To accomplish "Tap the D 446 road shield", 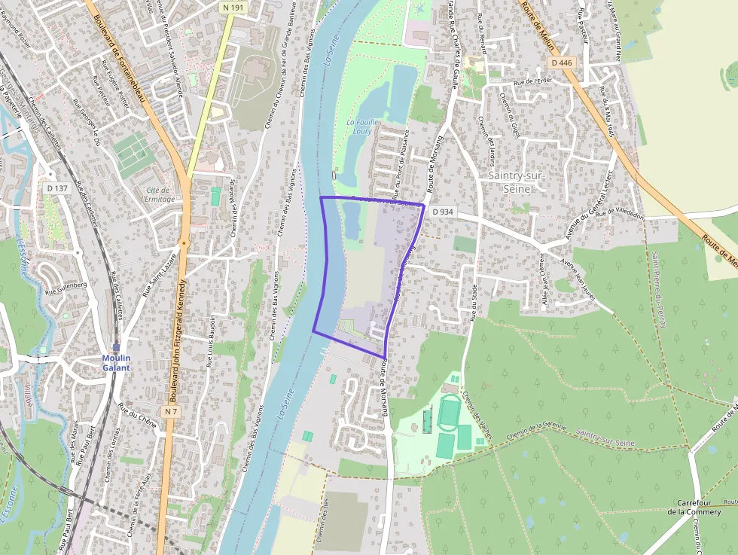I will (x=563, y=63).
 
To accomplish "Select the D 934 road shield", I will (x=443, y=212).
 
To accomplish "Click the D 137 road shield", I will (x=57, y=188).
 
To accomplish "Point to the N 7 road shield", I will (x=170, y=411).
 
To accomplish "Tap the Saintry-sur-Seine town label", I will (x=516, y=181).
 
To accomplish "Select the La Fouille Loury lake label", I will (x=364, y=127).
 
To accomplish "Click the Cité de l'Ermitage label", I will (x=160, y=194).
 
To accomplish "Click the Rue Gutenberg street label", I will (x=66, y=285).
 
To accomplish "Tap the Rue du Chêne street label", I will (x=137, y=416).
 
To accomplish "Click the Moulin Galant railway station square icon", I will (x=116, y=346).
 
